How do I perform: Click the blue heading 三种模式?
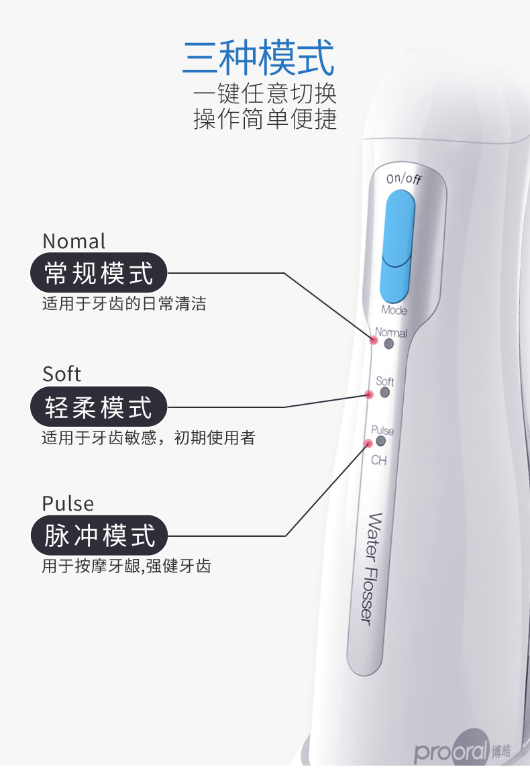(258, 58)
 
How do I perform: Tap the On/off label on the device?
(404, 179)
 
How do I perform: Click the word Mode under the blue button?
(394, 310)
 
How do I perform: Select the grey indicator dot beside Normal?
(388, 344)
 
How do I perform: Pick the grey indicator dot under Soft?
(384, 393)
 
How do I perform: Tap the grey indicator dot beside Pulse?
(381, 441)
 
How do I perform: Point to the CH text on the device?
(378, 461)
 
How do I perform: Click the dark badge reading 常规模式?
(99, 273)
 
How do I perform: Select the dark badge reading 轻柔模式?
(99, 407)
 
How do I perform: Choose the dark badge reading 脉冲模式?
(99, 535)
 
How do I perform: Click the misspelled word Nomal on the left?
(74, 242)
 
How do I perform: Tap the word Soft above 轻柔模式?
(61, 374)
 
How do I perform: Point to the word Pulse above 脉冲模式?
(68, 503)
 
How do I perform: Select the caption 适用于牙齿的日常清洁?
(124, 304)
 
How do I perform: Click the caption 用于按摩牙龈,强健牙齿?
(126, 566)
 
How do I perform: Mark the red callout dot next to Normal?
(374, 340)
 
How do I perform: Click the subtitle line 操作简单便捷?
(265, 119)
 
